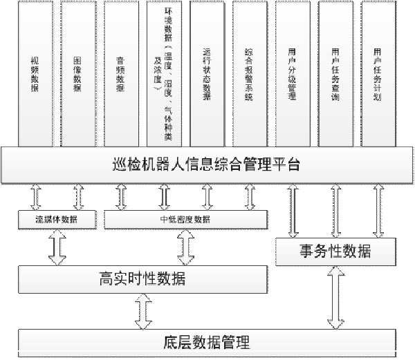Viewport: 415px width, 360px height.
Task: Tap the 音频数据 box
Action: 121,74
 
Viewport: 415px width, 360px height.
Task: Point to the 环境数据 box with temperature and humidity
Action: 164,74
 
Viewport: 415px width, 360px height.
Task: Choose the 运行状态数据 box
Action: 207,74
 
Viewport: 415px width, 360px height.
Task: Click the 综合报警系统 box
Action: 249,74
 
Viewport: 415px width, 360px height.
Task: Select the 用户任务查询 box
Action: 335,74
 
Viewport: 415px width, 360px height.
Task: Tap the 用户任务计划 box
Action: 377,74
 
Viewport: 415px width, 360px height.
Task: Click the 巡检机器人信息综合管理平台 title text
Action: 207,166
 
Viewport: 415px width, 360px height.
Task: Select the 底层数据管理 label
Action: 207,342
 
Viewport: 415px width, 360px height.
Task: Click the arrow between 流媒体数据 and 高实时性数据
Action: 57,247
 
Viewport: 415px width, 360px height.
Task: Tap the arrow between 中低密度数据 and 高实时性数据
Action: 185,247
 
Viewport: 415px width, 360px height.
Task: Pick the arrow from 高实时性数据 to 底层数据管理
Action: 143,312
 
